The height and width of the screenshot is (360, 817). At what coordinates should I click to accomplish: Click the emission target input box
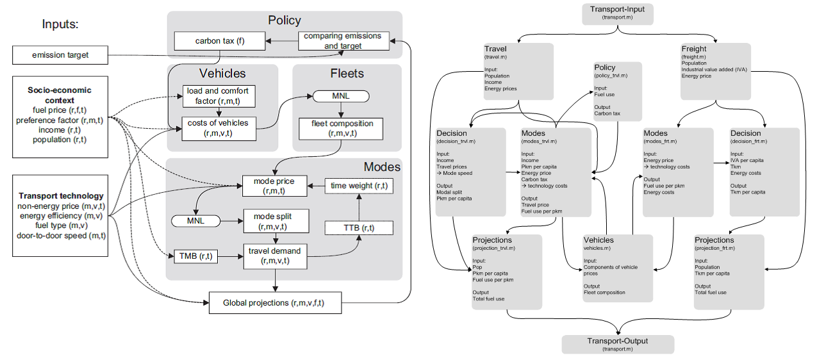[60, 55]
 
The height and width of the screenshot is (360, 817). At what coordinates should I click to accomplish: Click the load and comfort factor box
[219, 96]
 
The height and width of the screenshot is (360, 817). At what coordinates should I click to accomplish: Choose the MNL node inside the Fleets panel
[340, 96]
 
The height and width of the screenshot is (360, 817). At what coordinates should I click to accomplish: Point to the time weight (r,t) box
[359, 186]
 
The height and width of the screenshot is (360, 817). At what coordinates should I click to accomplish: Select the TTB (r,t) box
[359, 228]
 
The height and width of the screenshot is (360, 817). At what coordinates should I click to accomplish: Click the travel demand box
[275, 256]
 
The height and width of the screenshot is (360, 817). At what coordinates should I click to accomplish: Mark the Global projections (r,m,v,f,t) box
[275, 302]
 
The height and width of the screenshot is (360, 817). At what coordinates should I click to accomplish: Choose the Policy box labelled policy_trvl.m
[618, 90]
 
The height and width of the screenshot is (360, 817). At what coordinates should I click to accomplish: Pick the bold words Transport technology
[61, 196]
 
